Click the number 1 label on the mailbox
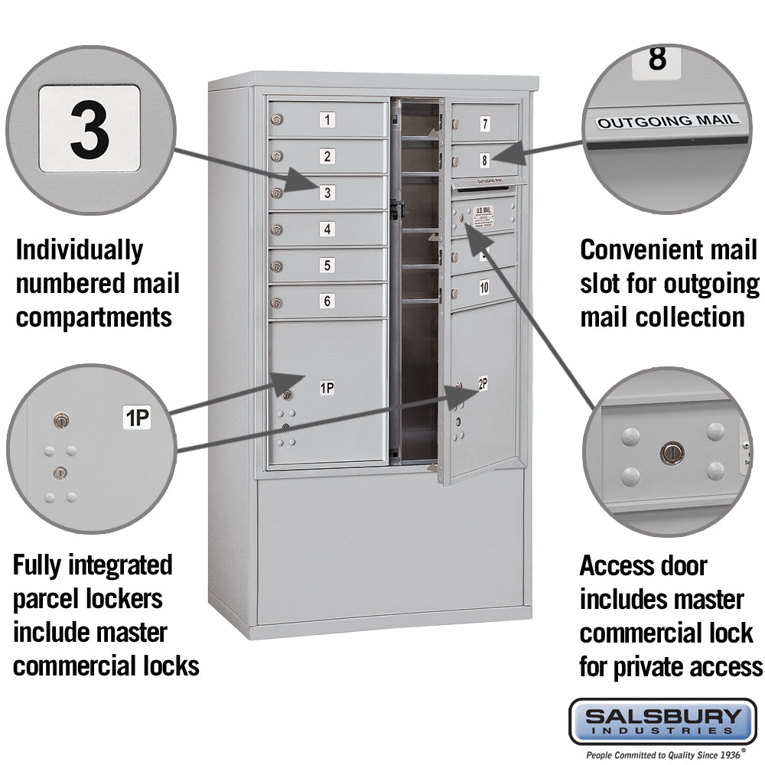(327, 119)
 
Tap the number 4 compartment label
(327, 229)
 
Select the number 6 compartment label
(327, 301)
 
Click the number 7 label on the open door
(485, 124)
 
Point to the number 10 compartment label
(484, 288)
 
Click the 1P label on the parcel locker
(327, 388)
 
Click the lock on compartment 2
(276, 157)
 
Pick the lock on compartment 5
(276, 266)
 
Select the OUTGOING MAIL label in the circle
(668, 121)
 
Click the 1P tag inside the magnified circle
(138, 418)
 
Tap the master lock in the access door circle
(672, 453)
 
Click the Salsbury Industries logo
(662, 721)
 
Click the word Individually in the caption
(79, 250)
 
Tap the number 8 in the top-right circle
(657, 59)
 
